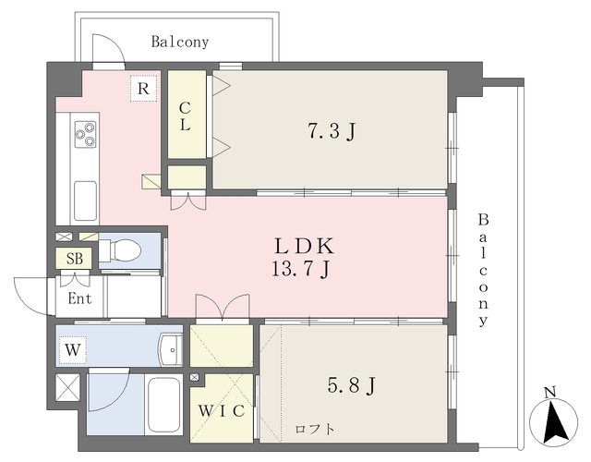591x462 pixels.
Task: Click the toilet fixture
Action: point(120,249)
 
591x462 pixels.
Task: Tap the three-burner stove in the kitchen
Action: point(86,134)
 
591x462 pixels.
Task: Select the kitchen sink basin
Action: point(85,201)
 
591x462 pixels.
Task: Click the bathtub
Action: point(163,405)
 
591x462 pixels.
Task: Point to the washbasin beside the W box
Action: point(171,349)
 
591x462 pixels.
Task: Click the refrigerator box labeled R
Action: point(143,89)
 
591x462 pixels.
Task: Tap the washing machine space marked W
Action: point(72,350)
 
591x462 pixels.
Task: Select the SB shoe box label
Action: point(74,259)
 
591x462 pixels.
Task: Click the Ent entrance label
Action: point(79,298)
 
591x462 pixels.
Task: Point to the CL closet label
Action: point(185,116)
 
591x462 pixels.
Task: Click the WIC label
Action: point(222,411)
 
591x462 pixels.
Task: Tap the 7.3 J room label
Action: point(332,131)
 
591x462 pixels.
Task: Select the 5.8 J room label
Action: point(351,385)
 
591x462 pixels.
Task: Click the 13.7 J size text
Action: point(302,269)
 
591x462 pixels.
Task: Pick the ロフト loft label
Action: point(315,429)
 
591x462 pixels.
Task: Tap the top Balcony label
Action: point(180,42)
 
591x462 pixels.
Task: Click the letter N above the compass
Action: point(550,393)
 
